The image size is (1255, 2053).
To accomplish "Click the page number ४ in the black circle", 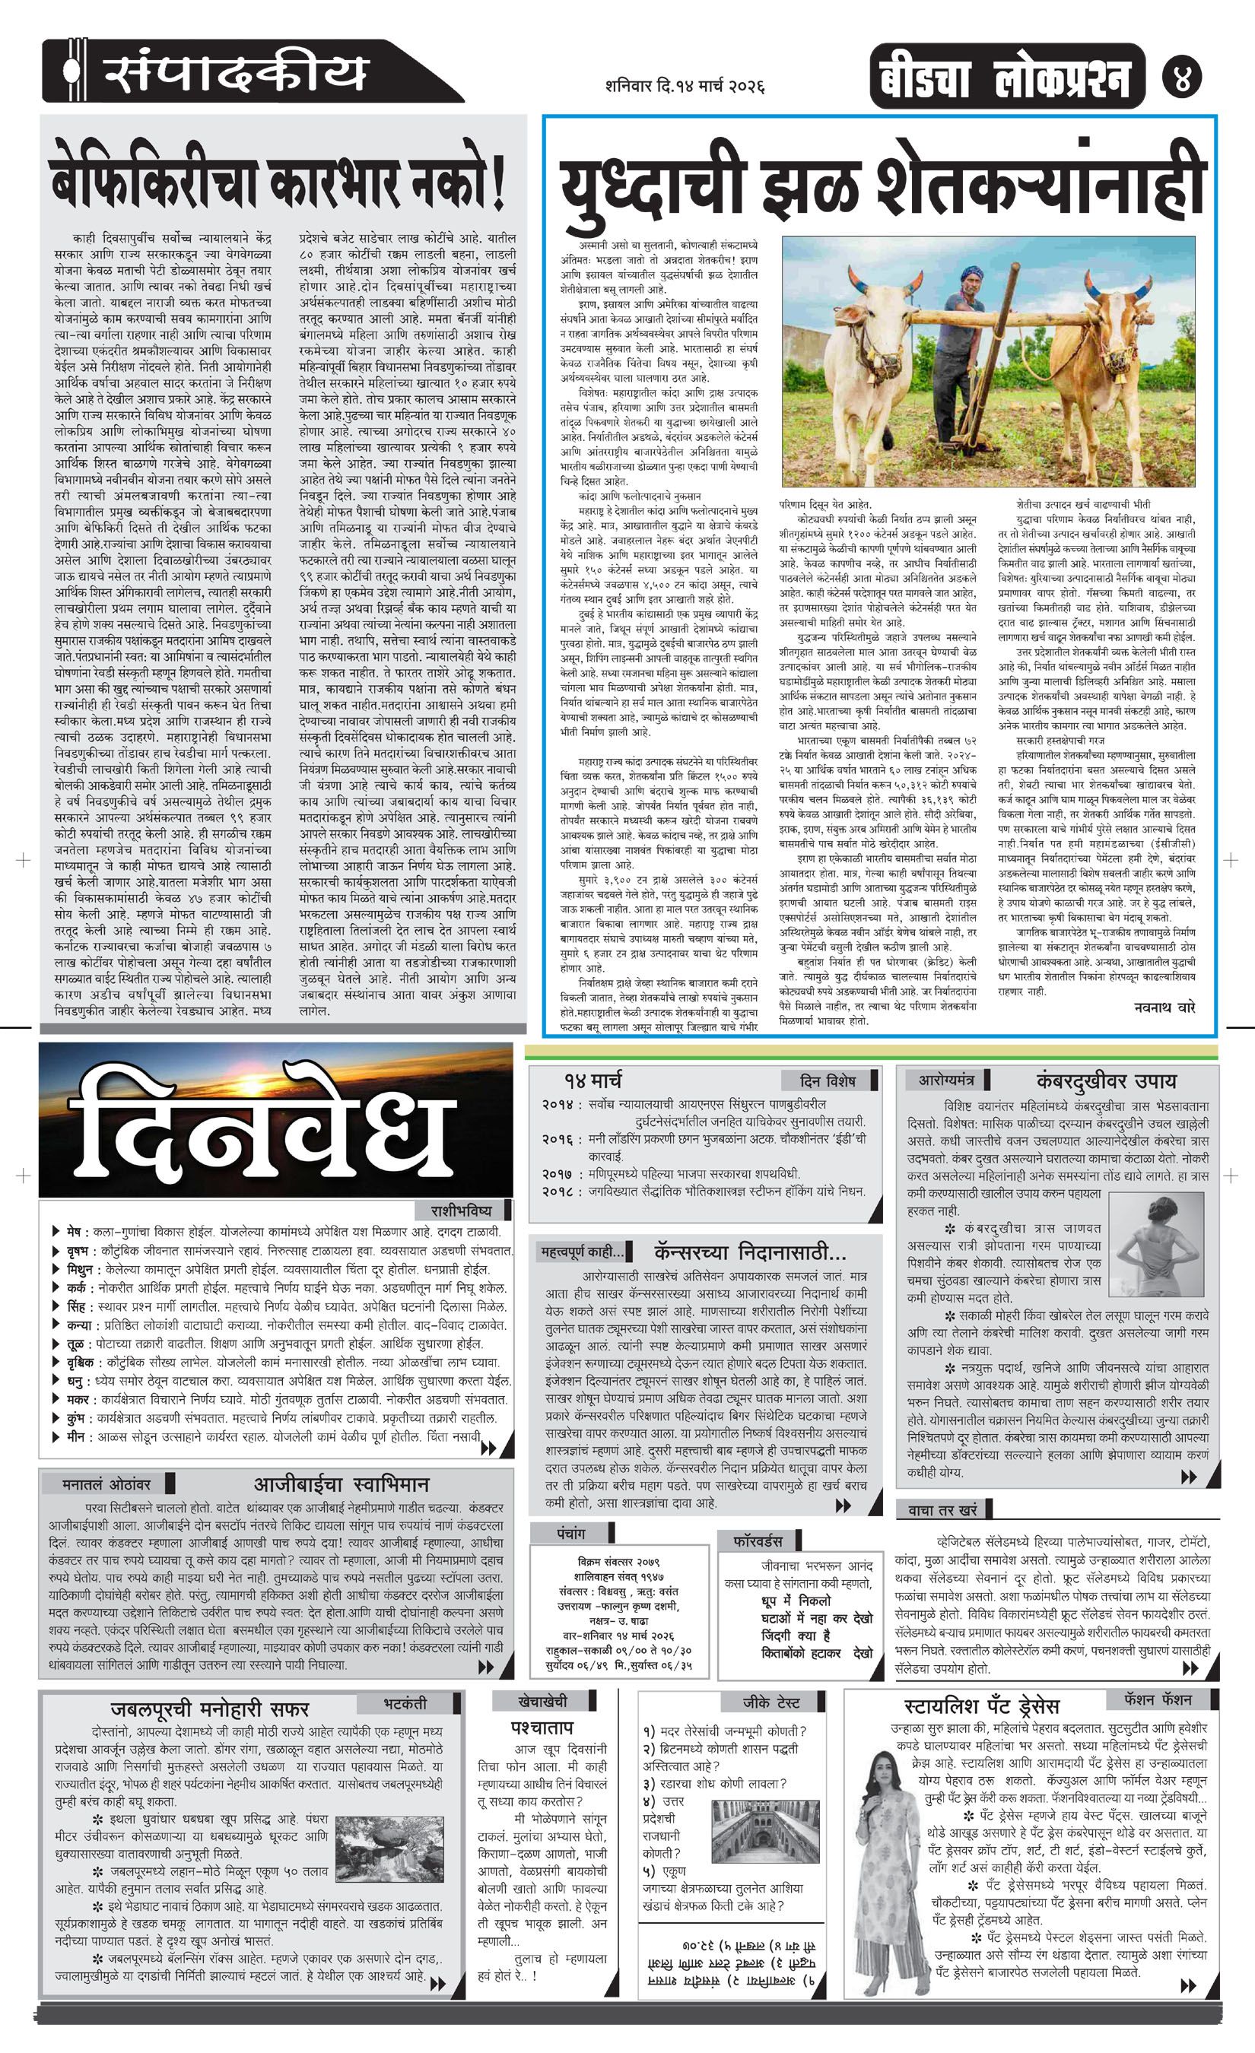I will tap(1182, 81).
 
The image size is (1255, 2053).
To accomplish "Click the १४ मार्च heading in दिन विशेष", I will tap(592, 1081).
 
